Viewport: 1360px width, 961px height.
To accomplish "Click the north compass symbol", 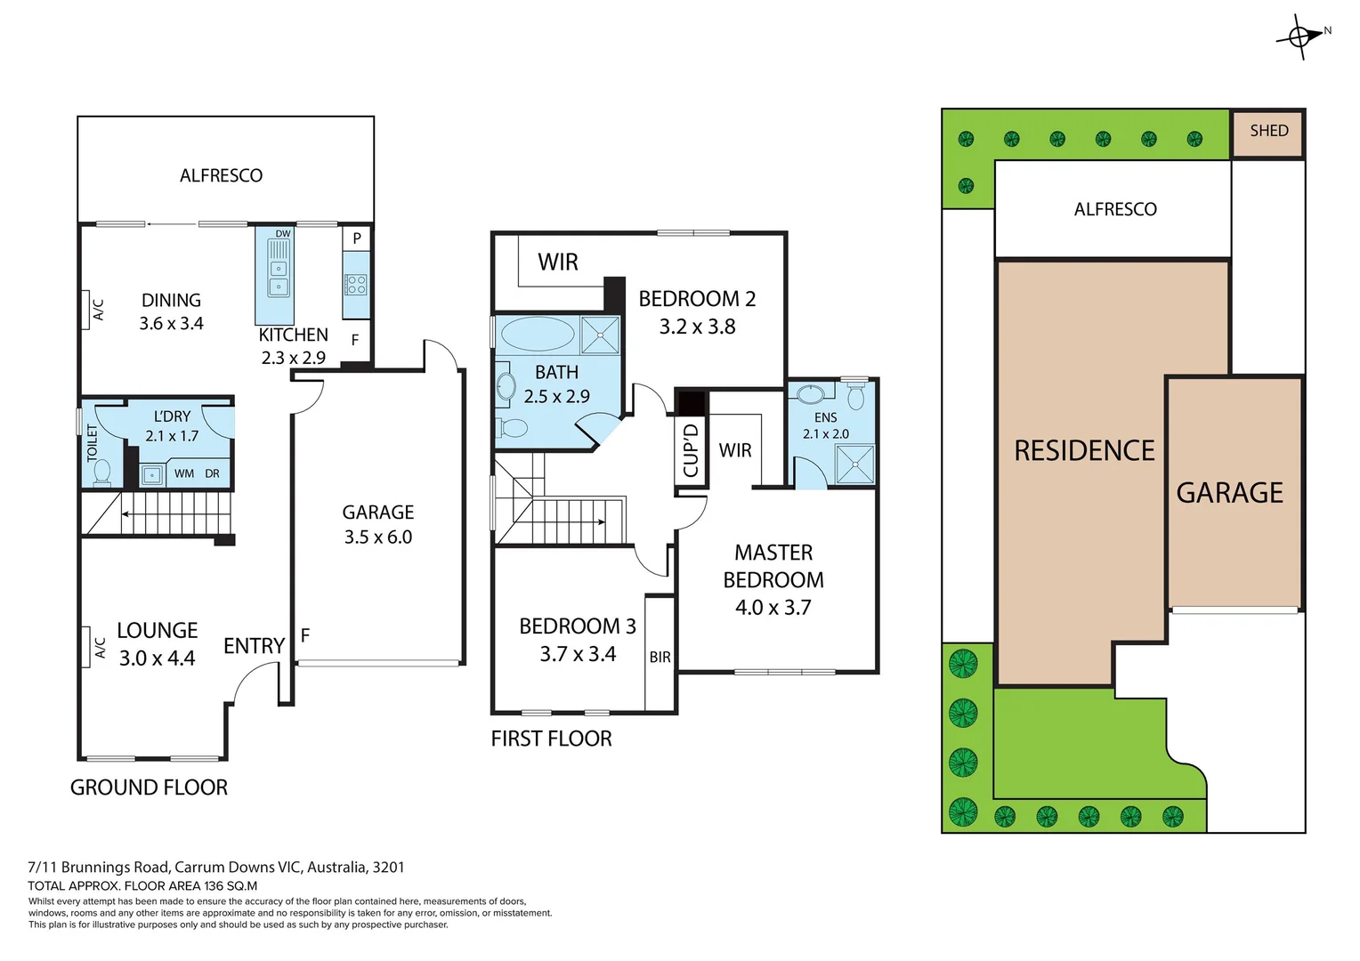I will (1300, 36).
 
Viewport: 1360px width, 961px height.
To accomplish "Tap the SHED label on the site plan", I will (1268, 131).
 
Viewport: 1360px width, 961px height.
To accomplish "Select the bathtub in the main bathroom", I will (538, 335).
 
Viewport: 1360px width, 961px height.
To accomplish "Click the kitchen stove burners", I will (356, 285).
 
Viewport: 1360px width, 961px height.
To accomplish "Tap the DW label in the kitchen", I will (283, 234).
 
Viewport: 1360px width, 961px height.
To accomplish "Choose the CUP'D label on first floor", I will (691, 450).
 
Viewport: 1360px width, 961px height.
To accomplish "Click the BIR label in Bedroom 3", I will (660, 658).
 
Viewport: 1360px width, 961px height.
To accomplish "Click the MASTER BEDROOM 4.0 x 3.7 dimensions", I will (773, 607).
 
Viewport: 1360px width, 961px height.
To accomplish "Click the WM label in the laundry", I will (184, 473).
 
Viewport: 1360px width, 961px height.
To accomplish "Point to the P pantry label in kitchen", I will (357, 238).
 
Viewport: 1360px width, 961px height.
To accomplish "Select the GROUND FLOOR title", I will (149, 787).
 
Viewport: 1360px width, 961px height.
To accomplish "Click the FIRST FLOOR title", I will (551, 739).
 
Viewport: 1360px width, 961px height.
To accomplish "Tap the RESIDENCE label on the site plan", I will (1084, 451).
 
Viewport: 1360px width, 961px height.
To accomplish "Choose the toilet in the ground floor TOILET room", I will (101, 472).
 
